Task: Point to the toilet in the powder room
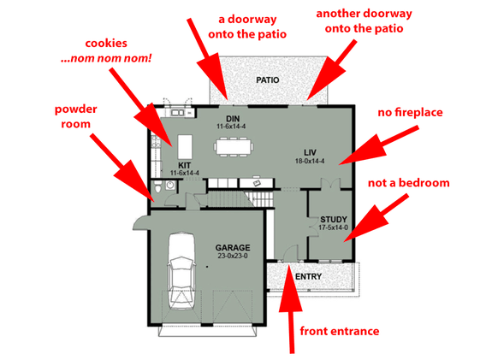click(157, 187)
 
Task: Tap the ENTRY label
click(308, 278)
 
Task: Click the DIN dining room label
click(231, 118)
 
